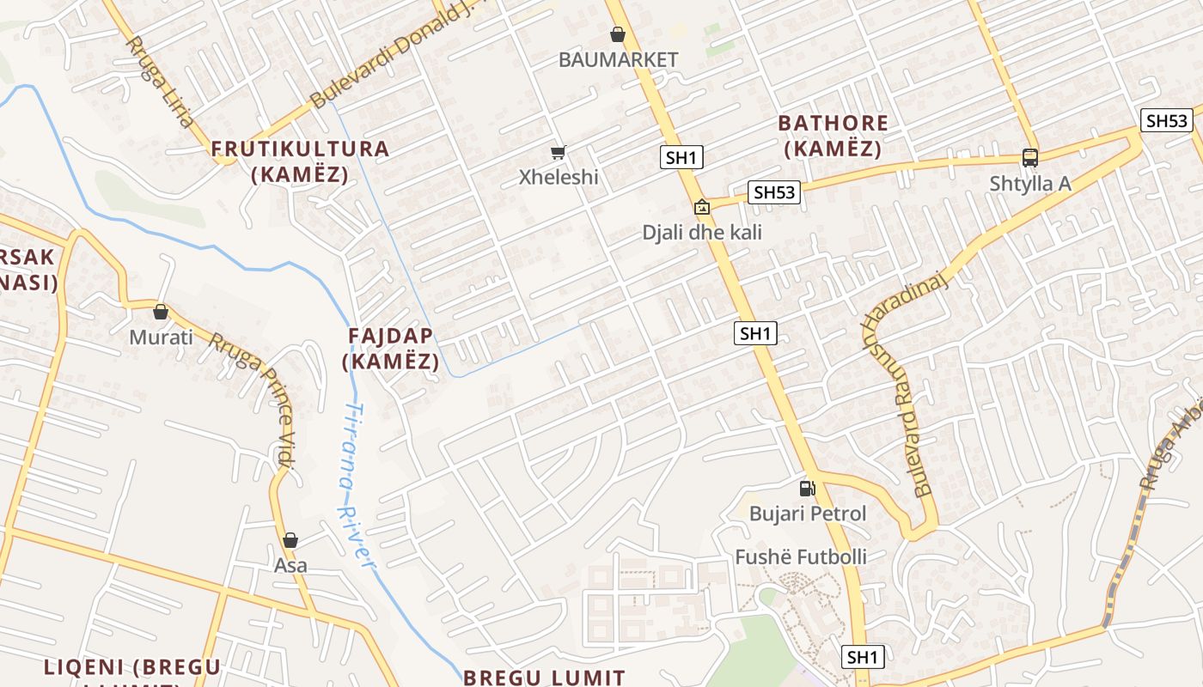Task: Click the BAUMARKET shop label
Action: (618, 59)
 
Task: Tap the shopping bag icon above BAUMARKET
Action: (617, 34)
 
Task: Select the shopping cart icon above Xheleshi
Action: (559, 153)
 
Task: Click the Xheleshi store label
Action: (559, 177)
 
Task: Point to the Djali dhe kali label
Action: (702, 232)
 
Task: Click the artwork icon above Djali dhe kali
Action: (702, 207)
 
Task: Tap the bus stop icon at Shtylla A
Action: (1029, 158)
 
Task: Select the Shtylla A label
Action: (1030, 183)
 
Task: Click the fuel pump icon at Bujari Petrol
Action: (807, 489)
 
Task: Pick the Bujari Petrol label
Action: (808, 514)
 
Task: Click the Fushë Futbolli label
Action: (801, 556)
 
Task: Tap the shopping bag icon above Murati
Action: (161, 312)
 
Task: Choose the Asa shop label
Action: (290, 566)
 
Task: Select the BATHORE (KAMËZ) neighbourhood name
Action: (833, 136)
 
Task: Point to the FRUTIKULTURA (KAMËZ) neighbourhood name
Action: (301, 161)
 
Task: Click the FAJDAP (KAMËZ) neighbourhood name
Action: (391, 348)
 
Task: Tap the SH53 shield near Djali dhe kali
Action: (773, 192)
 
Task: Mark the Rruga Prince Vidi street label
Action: (254, 397)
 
